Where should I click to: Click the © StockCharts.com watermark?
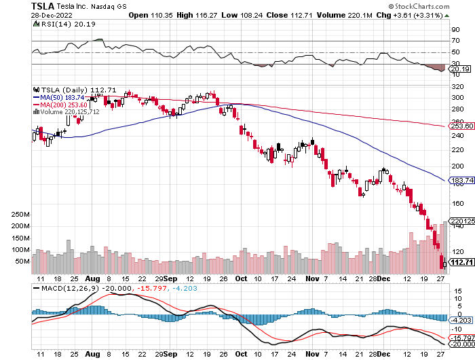pos(434,6)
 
